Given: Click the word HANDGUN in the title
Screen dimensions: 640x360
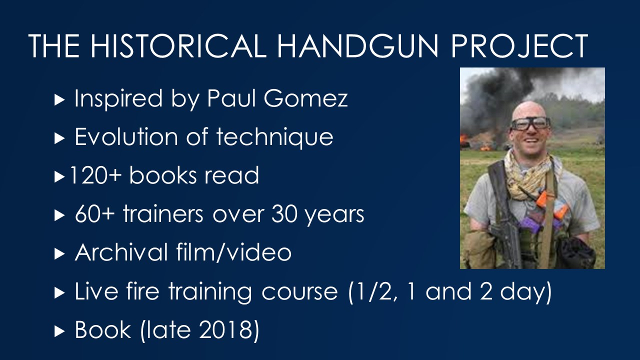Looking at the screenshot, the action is (357, 45).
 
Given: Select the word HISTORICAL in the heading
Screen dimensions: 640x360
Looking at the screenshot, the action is (178, 45).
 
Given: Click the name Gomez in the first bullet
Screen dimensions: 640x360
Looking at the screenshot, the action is (305, 98).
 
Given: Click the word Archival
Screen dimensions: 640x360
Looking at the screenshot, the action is (121, 252).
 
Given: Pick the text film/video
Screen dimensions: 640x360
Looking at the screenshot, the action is (233, 252).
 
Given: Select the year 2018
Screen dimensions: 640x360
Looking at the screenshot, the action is (225, 329).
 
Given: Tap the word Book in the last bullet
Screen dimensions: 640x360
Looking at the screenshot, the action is (103, 329).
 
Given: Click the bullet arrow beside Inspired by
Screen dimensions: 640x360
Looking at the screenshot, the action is (59, 100).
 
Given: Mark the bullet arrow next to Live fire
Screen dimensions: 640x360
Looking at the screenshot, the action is (59, 293).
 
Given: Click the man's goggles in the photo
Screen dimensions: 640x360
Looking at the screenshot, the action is (530, 123).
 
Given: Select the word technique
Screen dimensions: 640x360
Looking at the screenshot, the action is (275, 137).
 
